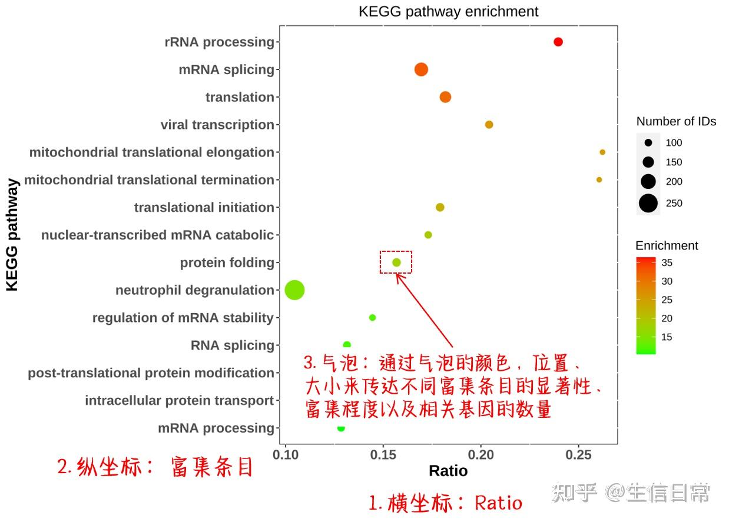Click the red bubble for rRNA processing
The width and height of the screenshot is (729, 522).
[x=558, y=42]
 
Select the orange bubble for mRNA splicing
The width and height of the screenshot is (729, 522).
[x=421, y=69]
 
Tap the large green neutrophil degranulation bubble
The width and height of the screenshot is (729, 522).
[x=294, y=290]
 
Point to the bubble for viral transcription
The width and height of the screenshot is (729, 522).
[x=489, y=125]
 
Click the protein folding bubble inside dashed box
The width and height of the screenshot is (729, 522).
[x=396, y=262]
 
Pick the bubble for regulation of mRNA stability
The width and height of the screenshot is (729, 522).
[x=372, y=318]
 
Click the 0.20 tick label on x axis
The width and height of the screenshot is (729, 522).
[x=481, y=454]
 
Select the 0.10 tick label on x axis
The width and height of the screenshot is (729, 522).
[x=286, y=454]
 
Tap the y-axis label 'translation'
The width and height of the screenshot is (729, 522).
[x=240, y=97]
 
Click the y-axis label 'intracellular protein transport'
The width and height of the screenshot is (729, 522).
[x=180, y=401]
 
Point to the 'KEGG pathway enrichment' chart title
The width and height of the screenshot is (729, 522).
[x=448, y=12]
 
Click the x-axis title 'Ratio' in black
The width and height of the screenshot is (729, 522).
[x=448, y=471]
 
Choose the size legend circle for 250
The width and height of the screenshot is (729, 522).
[x=648, y=203]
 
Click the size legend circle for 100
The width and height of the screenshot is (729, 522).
[x=648, y=142]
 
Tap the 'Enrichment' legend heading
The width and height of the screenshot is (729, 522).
[x=667, y=246]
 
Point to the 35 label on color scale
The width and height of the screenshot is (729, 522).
[x=667, y=262]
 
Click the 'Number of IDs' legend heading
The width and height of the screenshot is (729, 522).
[x=676, y=121]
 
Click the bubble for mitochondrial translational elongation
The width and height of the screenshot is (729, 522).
[x=602, y=152]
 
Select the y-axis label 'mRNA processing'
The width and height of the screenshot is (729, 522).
[x=216, y=428]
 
